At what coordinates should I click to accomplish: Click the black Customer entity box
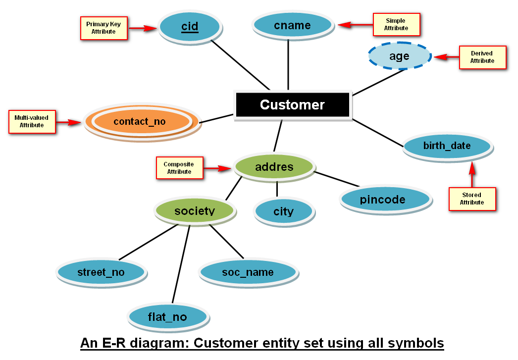coord(292,105)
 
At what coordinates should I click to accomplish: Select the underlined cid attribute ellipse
coord(190,26)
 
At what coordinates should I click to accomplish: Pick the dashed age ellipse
coord(400,56)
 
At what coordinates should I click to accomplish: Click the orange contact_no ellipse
coord(140,121)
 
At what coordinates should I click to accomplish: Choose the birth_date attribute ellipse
coord(447,146)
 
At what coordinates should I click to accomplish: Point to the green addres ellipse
coord(274,167)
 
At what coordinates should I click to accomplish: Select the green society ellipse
coord(195,211)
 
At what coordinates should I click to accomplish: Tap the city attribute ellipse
coord(283,211)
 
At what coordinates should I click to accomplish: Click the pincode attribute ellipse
coord(383,200)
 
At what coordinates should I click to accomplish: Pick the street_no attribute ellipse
coord(101,272)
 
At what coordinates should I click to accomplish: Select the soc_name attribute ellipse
coord(248,272)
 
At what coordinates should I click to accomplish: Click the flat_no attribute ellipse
coord(167,317)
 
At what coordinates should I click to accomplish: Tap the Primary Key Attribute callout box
coord(104,28)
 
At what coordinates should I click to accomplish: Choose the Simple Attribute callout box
coord(396,25)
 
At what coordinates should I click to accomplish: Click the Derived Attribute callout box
coord(482,57)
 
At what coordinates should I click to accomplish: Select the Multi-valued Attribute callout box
coord(32,122)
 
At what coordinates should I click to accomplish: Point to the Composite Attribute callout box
coord(179,168)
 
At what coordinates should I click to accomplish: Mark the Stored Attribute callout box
coord(472,199)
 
